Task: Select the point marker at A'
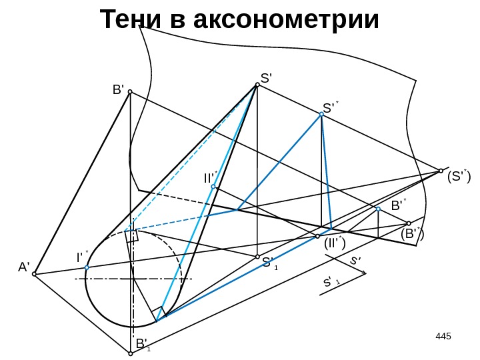point(35,273)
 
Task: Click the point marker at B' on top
point(130,92)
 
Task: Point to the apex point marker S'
point(257,85)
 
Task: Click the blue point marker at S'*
point(321,115)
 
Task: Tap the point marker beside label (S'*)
point(441,170)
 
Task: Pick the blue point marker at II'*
point(213,187)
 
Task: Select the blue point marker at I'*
point(87,268)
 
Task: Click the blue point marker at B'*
point(378,209)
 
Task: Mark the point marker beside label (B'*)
point(408,223)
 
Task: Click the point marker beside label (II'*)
point(317,236)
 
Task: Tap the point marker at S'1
point(257,256)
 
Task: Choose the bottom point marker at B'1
point(131,353)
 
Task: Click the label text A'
point(24,267)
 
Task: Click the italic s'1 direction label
point(331,283)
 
